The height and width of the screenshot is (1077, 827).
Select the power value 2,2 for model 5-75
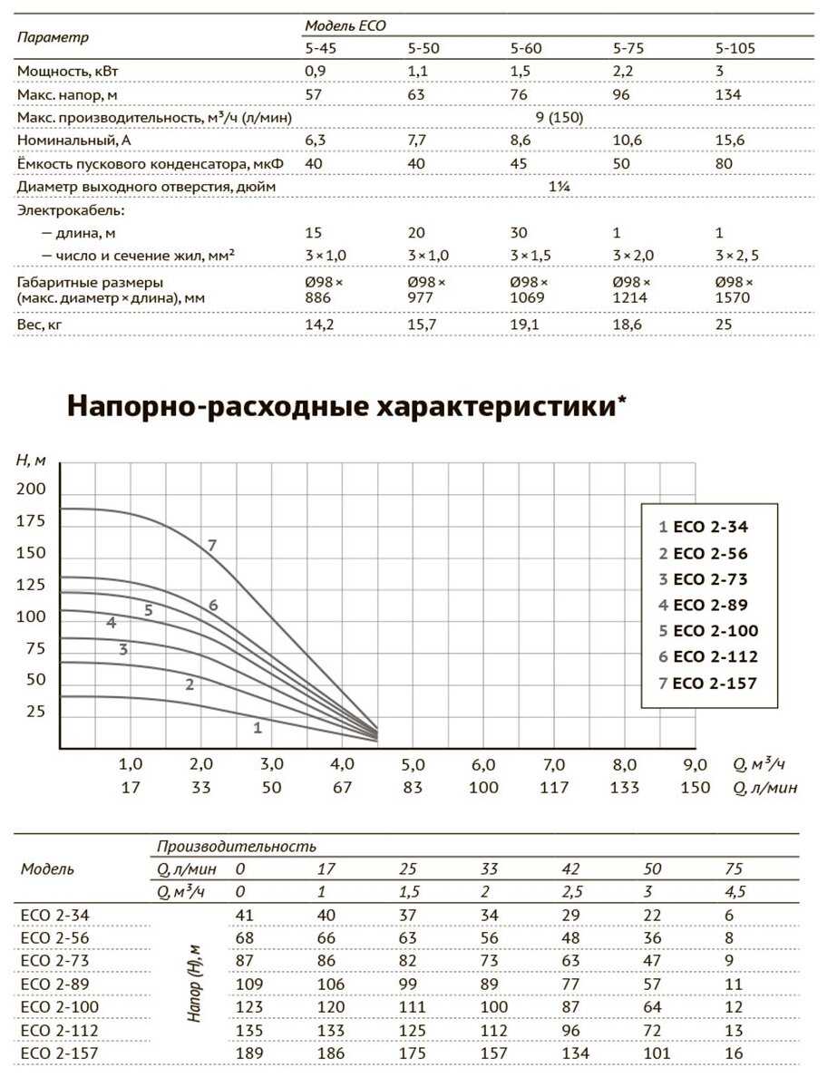point(627,72)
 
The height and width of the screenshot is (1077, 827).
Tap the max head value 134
point(728,94)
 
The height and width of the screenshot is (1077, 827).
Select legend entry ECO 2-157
point(709,684)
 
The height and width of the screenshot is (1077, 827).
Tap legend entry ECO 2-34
point(704,527)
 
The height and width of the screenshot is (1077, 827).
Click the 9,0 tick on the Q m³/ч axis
point(695,765)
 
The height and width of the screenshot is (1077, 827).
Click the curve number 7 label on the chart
point(211,546)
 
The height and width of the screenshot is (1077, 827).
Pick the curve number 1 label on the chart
point(258,727)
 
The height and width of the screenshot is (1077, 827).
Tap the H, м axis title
point(31,460)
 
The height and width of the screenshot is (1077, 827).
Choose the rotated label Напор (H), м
point(195,984)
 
